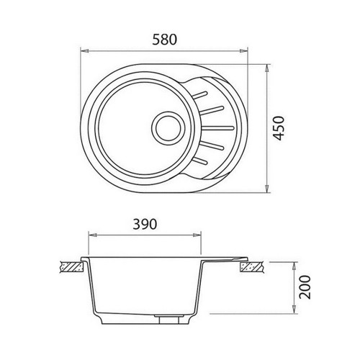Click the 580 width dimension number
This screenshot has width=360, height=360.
165,40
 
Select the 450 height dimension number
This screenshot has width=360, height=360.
279,128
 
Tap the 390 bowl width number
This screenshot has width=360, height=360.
145,224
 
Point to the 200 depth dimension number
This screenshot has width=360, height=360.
305,287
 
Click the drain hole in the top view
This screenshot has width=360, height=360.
168,127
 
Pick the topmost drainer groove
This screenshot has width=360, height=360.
200,95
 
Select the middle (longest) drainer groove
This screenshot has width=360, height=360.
217,128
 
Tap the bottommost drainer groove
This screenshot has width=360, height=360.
200,161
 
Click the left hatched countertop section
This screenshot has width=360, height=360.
72,267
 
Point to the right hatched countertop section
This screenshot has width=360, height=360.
252,267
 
